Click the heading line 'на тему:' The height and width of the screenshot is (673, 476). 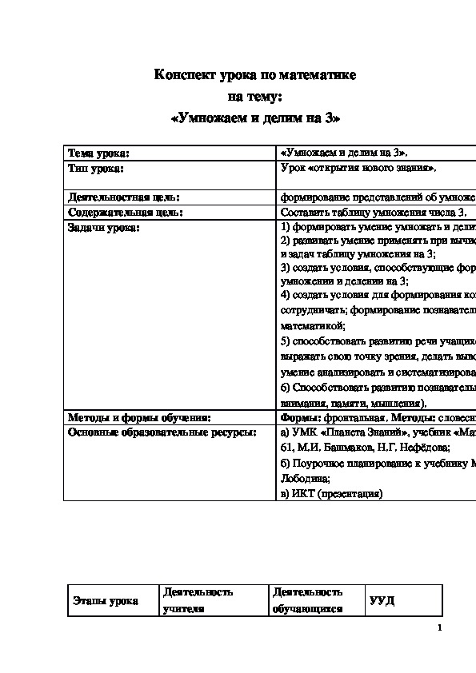(x=255, y=98)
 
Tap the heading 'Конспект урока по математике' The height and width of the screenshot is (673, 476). (x=255, y=76)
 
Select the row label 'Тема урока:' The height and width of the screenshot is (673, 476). (x=98, y=152)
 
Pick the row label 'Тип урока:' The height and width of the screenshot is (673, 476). (x=96, y=168)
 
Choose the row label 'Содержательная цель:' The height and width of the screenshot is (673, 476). (x=126, y=213)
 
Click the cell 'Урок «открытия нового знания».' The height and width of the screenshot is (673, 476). (x=358, y=168)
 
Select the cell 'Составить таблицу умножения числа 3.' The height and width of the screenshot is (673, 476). (x=373, y=213)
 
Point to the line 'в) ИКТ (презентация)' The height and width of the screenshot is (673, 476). (x=332, y=494)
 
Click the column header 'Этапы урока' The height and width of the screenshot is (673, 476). (x=105, y=601)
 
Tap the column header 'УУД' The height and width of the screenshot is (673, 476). (x=382, y=601)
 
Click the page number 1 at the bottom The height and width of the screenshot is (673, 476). (x=440, y=628)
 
